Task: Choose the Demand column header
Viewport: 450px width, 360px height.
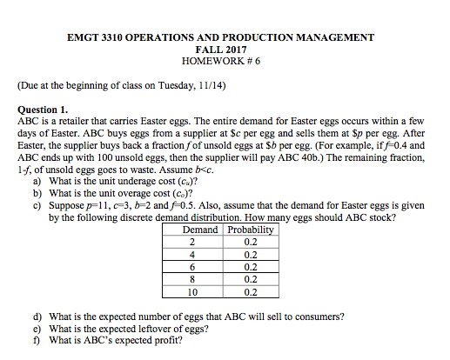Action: [199, 230]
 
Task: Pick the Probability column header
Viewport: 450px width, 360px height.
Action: [251, 230]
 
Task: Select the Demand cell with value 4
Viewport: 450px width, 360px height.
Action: [191, 255]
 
